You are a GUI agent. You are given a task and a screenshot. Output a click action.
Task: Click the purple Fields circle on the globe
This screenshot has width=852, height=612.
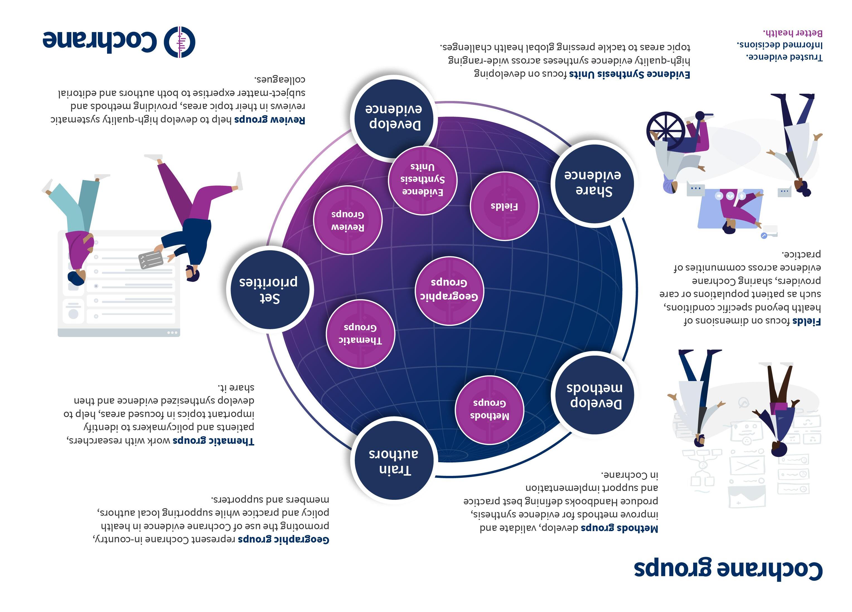[x=504, y=206]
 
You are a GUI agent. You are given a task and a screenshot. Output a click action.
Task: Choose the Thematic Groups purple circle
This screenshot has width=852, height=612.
[x=360, y=334]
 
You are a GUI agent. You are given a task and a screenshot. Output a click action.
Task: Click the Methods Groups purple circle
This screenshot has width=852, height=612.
[x=489, y=410]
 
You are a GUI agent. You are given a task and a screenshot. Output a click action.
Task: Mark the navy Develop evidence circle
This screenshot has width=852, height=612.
[x=394, y=117]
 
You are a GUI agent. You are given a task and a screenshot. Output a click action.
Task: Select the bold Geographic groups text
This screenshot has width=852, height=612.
[x=284, y=539]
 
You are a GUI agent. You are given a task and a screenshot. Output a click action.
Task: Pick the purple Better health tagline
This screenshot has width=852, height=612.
[x=793, y=33]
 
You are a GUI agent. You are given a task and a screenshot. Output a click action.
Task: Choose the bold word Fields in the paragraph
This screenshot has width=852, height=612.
[x=806, y=321]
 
